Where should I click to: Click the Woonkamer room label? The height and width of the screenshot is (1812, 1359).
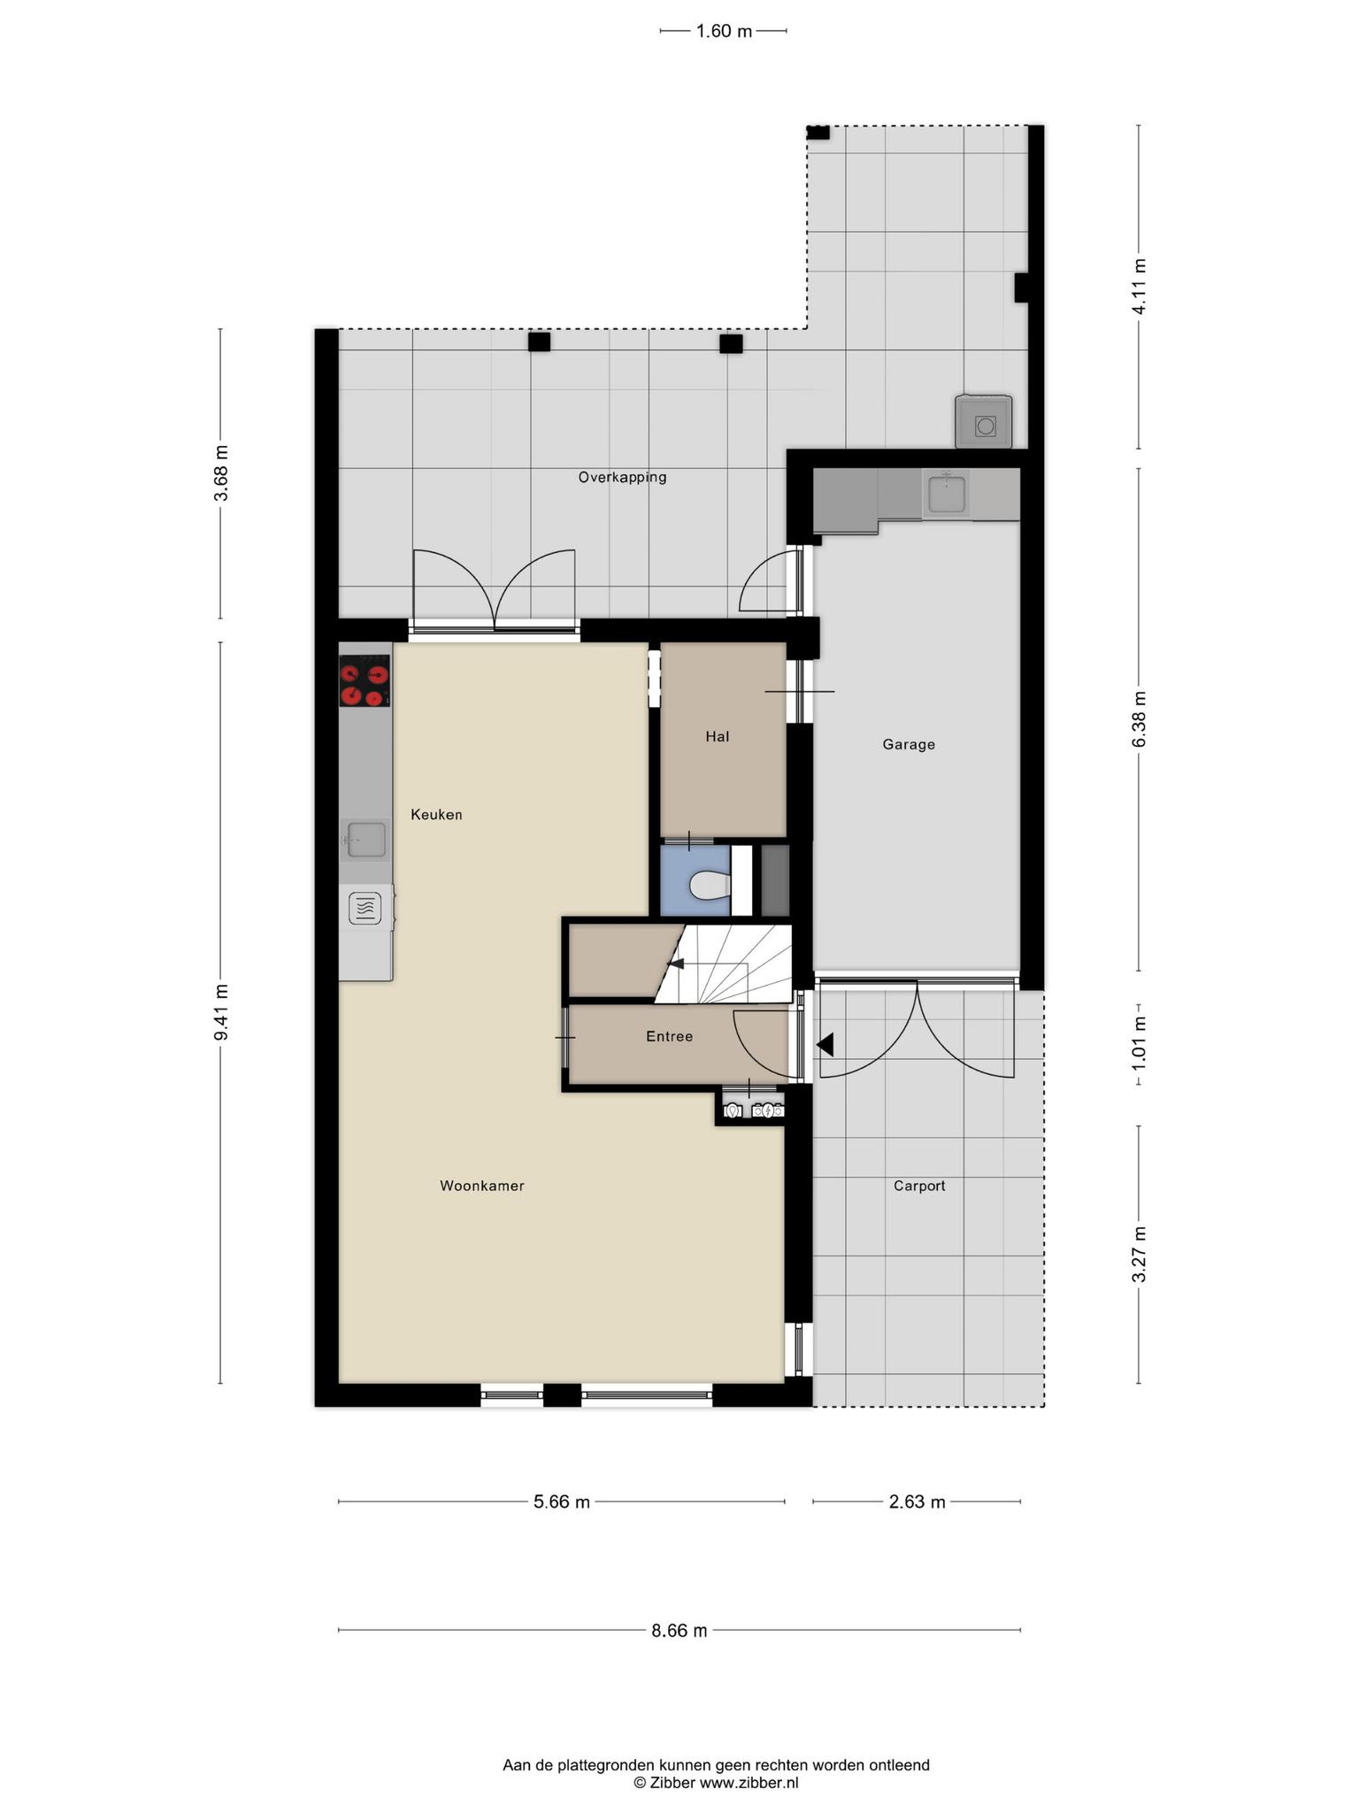(x=482, y=1186)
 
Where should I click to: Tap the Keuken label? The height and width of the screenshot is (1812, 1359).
(x=436, y=814)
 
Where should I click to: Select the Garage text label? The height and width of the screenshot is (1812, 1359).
(x=909, y=744)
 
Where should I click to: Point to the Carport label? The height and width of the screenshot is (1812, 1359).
(x=919, y=1186)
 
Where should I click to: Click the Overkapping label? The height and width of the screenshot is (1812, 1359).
(x=622, y=477)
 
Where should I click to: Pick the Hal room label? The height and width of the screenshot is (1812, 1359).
(x=718, y=736)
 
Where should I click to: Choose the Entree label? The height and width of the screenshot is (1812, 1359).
(x=669, y=1036)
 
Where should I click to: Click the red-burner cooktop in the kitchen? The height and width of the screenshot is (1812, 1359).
(x=365, y=680)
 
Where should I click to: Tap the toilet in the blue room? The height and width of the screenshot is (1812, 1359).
(x=709, y=885)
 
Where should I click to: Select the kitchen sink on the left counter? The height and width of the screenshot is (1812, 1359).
(x=365, y=840)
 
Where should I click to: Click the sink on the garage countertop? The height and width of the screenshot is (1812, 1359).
(x=946, y=492)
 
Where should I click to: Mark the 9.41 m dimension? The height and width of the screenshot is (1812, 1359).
(x=221, y=1012)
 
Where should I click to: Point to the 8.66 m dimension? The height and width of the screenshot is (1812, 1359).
(x=679, y=1631)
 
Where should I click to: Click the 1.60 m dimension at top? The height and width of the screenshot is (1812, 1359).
(x=724, y=31)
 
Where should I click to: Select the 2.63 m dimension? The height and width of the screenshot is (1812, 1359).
(x=918, y=1501)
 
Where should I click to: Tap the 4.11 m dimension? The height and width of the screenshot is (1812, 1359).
(x=1140, y=287)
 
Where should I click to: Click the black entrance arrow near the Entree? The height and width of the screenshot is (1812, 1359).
(x=825, y=1045)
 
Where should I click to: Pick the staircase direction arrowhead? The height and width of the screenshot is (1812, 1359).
(x=674, y=964)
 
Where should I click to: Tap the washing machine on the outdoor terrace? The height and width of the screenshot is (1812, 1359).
(x=983, y=421)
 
